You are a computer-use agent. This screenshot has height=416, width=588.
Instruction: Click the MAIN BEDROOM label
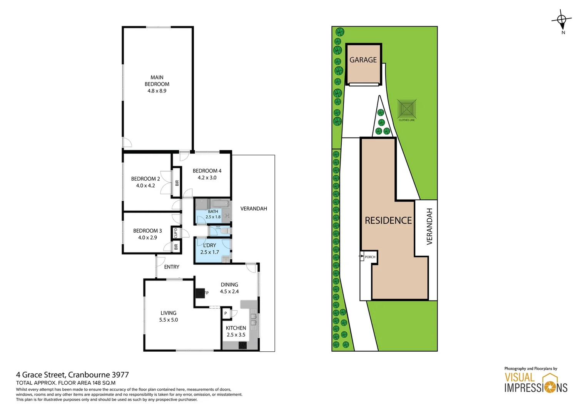coord(157,81)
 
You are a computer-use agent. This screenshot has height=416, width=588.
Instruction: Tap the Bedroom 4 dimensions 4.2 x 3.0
coord(207,178)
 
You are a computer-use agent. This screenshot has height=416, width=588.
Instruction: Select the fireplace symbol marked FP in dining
coord(200,293)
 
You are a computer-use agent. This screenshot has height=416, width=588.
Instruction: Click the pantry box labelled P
coord(226,314)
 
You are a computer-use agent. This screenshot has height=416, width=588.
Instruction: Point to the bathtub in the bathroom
coord(219,204)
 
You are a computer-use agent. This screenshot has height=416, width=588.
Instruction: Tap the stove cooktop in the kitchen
coord(242,345)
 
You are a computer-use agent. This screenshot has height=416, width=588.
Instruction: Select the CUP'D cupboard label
coord(176,233)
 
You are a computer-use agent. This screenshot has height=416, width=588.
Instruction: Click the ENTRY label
coord(172,267)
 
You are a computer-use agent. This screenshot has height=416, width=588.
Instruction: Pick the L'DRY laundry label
coord(210,245)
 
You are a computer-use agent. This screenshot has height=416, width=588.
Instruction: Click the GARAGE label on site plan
coord(363,60)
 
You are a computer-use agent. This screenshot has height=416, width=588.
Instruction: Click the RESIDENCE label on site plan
coord(388,220)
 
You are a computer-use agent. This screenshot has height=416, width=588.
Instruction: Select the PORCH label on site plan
coord(370,257)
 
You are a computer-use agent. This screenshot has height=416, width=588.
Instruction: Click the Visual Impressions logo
coord(536,383)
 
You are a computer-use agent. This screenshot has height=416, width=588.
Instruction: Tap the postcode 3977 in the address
coord(120,375)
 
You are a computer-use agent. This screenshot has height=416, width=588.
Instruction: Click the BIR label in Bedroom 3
coord(176,247)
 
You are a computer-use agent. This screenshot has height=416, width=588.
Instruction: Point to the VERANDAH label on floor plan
coord(254,209)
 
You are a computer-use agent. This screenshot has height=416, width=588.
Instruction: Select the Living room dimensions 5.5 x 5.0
coord(169,320)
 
